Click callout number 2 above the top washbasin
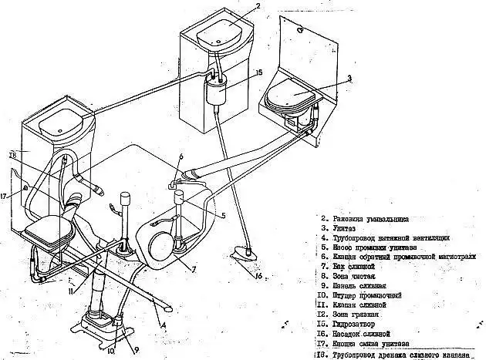click(258, 6)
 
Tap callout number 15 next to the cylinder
click(258, 72)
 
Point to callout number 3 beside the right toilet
click(349, 78)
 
